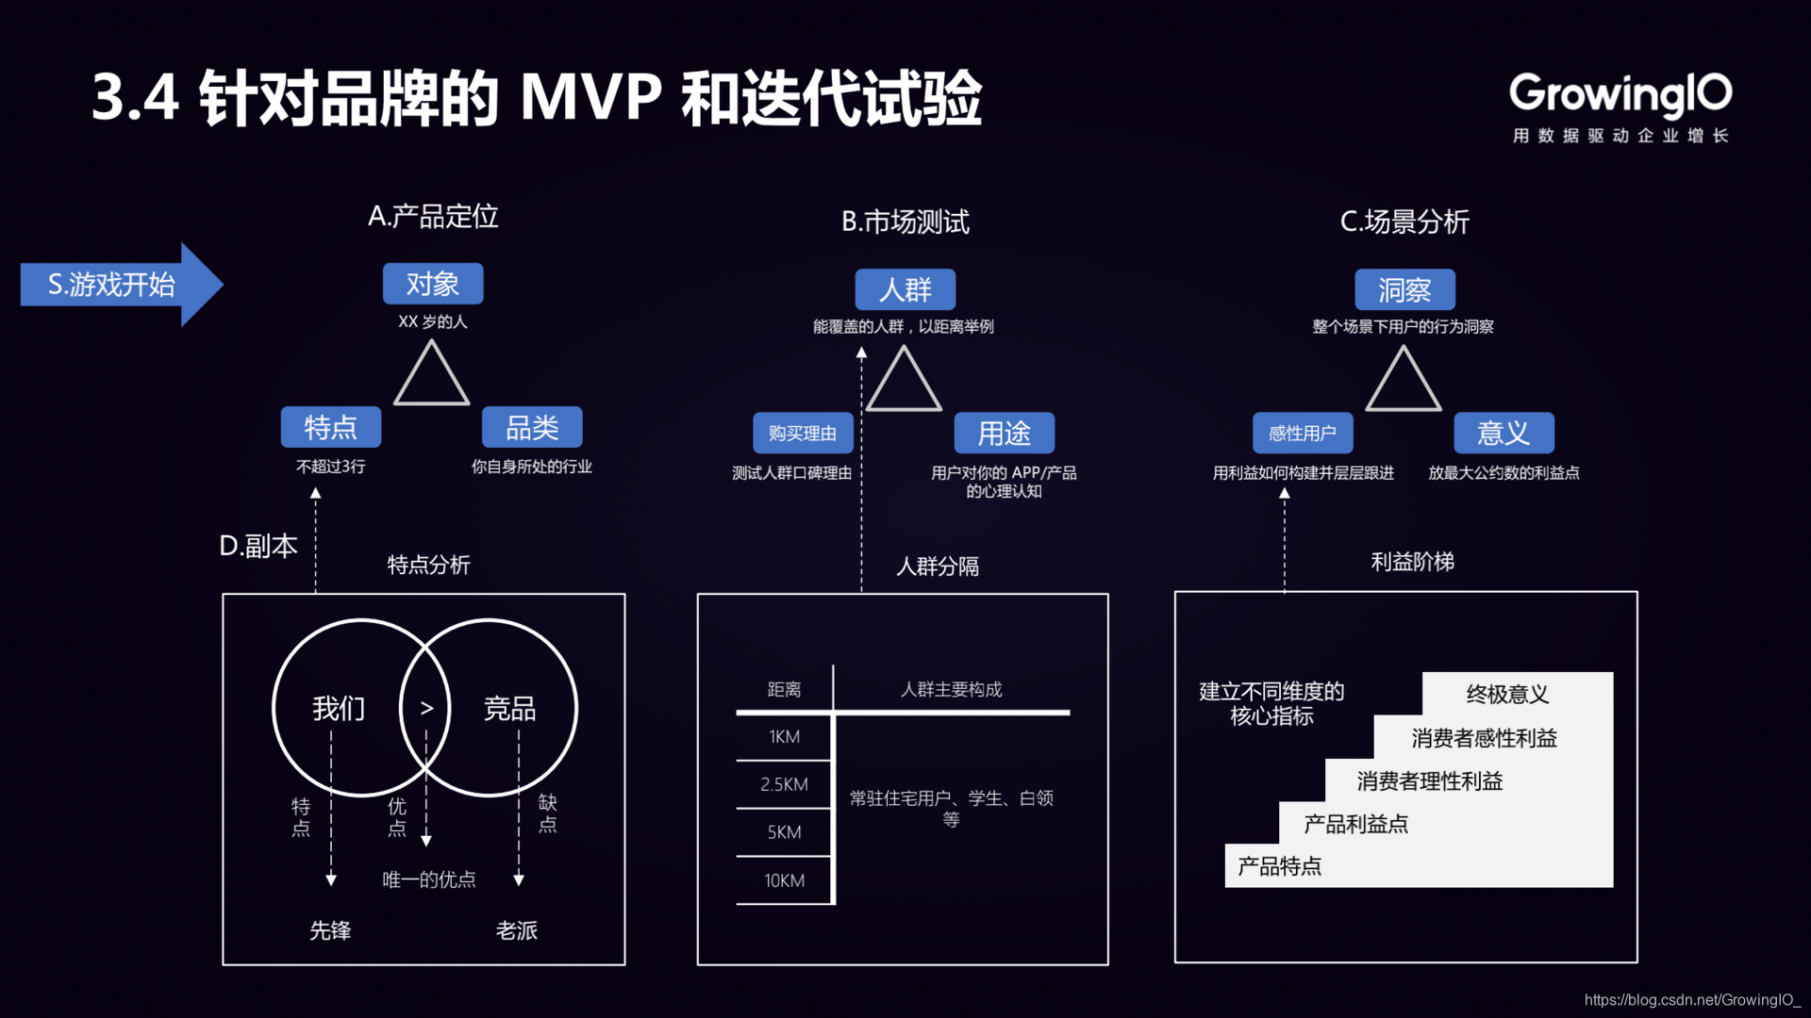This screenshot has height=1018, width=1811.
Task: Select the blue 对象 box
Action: click(433, 284)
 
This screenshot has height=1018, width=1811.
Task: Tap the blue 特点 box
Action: click(330, 428)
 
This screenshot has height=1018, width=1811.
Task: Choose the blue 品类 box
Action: click(532, 428)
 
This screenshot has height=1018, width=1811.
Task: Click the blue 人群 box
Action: click(905, 289)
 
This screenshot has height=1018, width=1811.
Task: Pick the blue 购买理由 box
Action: click(803, 434)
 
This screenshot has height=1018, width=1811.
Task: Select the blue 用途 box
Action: click(1004, 434)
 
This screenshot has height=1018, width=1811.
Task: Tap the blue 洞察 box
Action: click(1404, 289)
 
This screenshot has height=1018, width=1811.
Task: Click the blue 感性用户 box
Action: click(1303, 434)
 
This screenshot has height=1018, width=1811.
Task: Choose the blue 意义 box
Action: click(1504, 434)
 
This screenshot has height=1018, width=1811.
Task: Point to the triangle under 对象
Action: click(431, 377)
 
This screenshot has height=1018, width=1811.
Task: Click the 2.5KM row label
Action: click(784, 784)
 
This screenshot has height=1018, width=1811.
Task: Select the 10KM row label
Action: click(784, 880)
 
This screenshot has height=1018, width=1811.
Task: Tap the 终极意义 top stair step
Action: click(1507, 695)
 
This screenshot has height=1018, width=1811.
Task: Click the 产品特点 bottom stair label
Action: click(1279, 866)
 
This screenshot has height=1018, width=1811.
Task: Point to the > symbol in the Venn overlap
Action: click(426, 708)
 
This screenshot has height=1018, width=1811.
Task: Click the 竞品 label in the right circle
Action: click(509, 708)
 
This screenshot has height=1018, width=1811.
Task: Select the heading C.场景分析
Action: click(1404, 222)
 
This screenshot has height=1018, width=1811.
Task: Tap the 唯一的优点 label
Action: click(429, 879)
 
